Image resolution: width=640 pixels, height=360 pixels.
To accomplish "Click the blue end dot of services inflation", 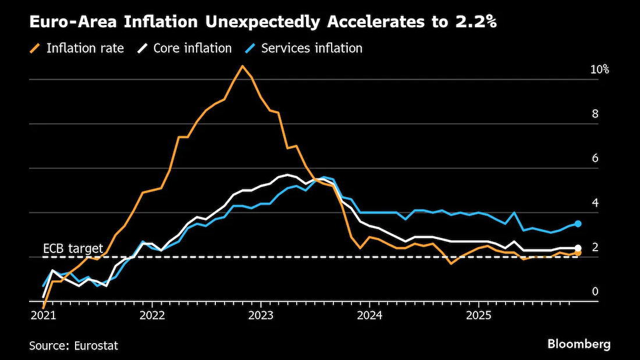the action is pyautogui.click(x=578, y=224).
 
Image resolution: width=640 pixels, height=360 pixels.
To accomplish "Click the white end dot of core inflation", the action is pyautogui.click(x=578, y=248).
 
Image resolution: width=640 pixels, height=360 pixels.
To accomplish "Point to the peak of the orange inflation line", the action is pyautogui.click(x=243, y=66).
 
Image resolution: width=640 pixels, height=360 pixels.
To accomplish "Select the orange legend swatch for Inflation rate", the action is pyautogui.click(x=35, y=49).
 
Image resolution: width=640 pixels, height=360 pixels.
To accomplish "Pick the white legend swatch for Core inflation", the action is pyautogui.click(x=143, y=49).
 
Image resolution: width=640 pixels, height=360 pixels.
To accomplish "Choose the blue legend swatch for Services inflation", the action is pyautogui.click(x=250, y=49).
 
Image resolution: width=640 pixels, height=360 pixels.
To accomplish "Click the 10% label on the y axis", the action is pyautogui.click(x=600, y=70).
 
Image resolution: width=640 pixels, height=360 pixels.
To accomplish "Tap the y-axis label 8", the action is pyautogui.click(x=595, y=114).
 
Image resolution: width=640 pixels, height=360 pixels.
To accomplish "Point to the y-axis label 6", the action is pyautogui.click(x=595, y=158).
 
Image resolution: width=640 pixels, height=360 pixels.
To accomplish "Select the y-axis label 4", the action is pyautogui.click(x=595, y=203).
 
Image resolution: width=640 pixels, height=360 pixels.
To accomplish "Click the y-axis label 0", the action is pyautogui.click(x=595, y=291).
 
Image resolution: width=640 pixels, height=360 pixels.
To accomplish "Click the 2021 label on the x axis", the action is pyautogui.click(x=43, y=316).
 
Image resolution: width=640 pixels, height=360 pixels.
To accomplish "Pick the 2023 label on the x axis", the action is pyautogui.click(x=261, y=316).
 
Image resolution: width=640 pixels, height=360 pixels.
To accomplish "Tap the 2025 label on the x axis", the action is pyautogui.click(x=478, y=316).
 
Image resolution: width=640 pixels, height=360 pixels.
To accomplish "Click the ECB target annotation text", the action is pyautogui.click(x=73, y=248).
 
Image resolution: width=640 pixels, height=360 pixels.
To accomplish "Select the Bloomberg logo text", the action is pyautogui.click(x=579, y=344).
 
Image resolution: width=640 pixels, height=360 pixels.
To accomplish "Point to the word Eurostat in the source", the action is pyautogui.click(x=96, y=345).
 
